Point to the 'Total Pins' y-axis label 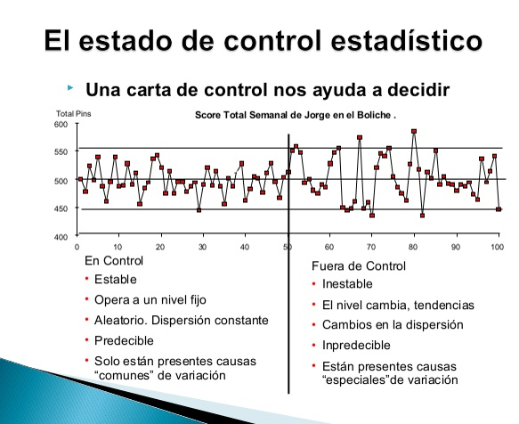(x=74, y=114)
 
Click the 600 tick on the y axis (x=61, y=124)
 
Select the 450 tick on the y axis (x=61, y=208)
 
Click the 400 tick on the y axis (x=61, y=236)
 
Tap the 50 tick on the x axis (x=288, y=246)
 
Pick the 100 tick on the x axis (x=497, y=246)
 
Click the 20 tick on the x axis (x=161, y=246)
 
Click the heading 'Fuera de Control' (x=358, y=266)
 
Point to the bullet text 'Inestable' (x=349, y=285)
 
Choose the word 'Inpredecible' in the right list (x=358, y=345)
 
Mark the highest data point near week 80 (x=414, y=131)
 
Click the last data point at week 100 (x=499, y=209)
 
